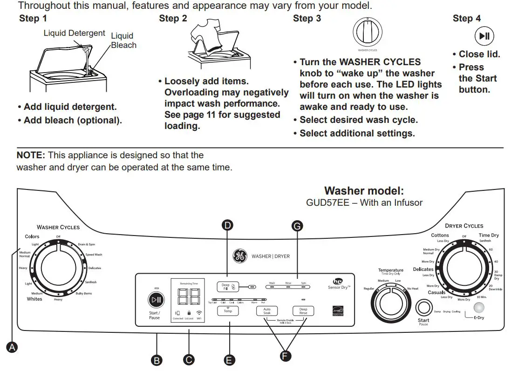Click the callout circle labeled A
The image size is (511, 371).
coord(13,347)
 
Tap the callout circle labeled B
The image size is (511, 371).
coord(157,360)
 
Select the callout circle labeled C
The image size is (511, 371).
coord(189,360)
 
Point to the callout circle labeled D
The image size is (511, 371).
coord(227,226)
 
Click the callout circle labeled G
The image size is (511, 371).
coord(297,226)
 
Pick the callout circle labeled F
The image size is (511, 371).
coord(285,356)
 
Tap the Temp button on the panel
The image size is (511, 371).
coord(228,310)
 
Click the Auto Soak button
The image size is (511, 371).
coord(267,311)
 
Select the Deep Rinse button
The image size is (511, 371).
coord(303,311)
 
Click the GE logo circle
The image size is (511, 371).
coord(240,256)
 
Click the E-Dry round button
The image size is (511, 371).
coord(478,308)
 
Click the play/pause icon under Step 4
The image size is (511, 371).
coord(484,36)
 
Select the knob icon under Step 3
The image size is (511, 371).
coord(367,33)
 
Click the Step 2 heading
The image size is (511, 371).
coord(173,19)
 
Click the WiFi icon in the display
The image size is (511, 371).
coord(199,313)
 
